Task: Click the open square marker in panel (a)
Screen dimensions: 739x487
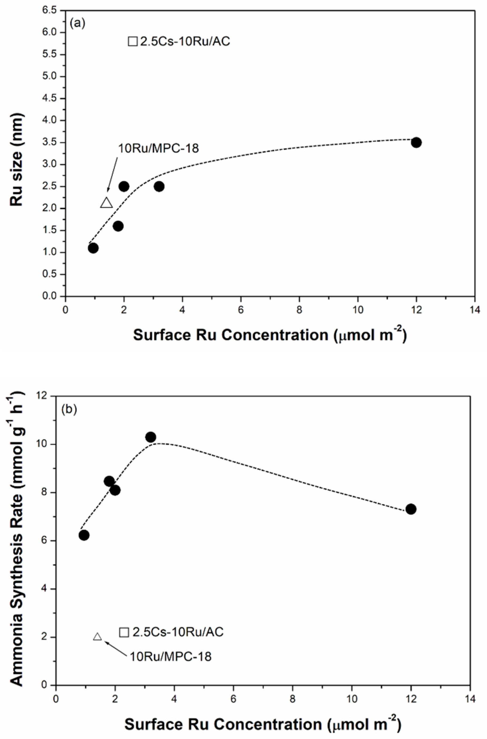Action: tap(133, 41)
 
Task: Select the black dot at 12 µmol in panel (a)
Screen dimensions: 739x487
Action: tap(416, 142)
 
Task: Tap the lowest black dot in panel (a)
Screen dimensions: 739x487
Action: tap(93, 248)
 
